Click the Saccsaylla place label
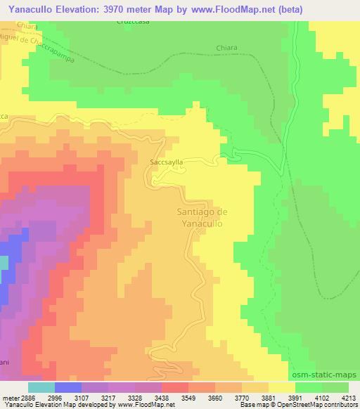click(167, 162)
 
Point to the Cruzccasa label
click(131, 22)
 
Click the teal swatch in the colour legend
click(41, 387)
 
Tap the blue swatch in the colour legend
click(68, 387)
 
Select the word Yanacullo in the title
click(32, 8)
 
